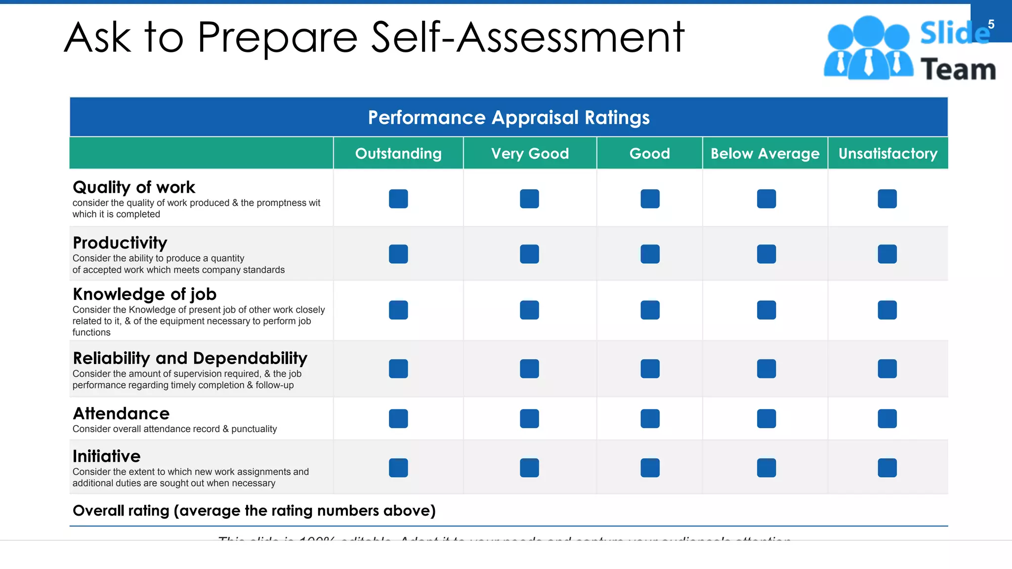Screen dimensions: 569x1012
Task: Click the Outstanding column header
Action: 398,154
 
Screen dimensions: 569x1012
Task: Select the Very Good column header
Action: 530,154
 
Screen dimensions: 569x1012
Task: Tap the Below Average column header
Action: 765,154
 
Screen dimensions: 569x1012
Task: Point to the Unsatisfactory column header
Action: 888,154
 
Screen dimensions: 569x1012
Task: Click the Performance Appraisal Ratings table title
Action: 508,118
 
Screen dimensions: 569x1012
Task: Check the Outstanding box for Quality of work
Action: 398,199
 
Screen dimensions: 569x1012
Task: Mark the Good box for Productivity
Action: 650,254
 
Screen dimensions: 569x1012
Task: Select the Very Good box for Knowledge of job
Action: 529,310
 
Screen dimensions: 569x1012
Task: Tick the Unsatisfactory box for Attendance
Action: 887,418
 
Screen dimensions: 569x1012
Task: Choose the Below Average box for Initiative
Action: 766,468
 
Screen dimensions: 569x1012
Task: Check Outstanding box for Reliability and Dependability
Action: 398,368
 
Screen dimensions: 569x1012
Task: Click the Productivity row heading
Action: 120,243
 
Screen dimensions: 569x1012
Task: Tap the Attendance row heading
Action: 121,413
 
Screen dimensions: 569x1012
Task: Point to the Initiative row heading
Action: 107,456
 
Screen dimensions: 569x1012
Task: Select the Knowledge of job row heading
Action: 144,294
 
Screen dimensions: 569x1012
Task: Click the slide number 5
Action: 991,24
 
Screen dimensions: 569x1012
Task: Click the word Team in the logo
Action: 958,69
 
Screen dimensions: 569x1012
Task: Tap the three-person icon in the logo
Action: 868,48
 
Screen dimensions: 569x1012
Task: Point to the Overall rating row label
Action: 254,511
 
